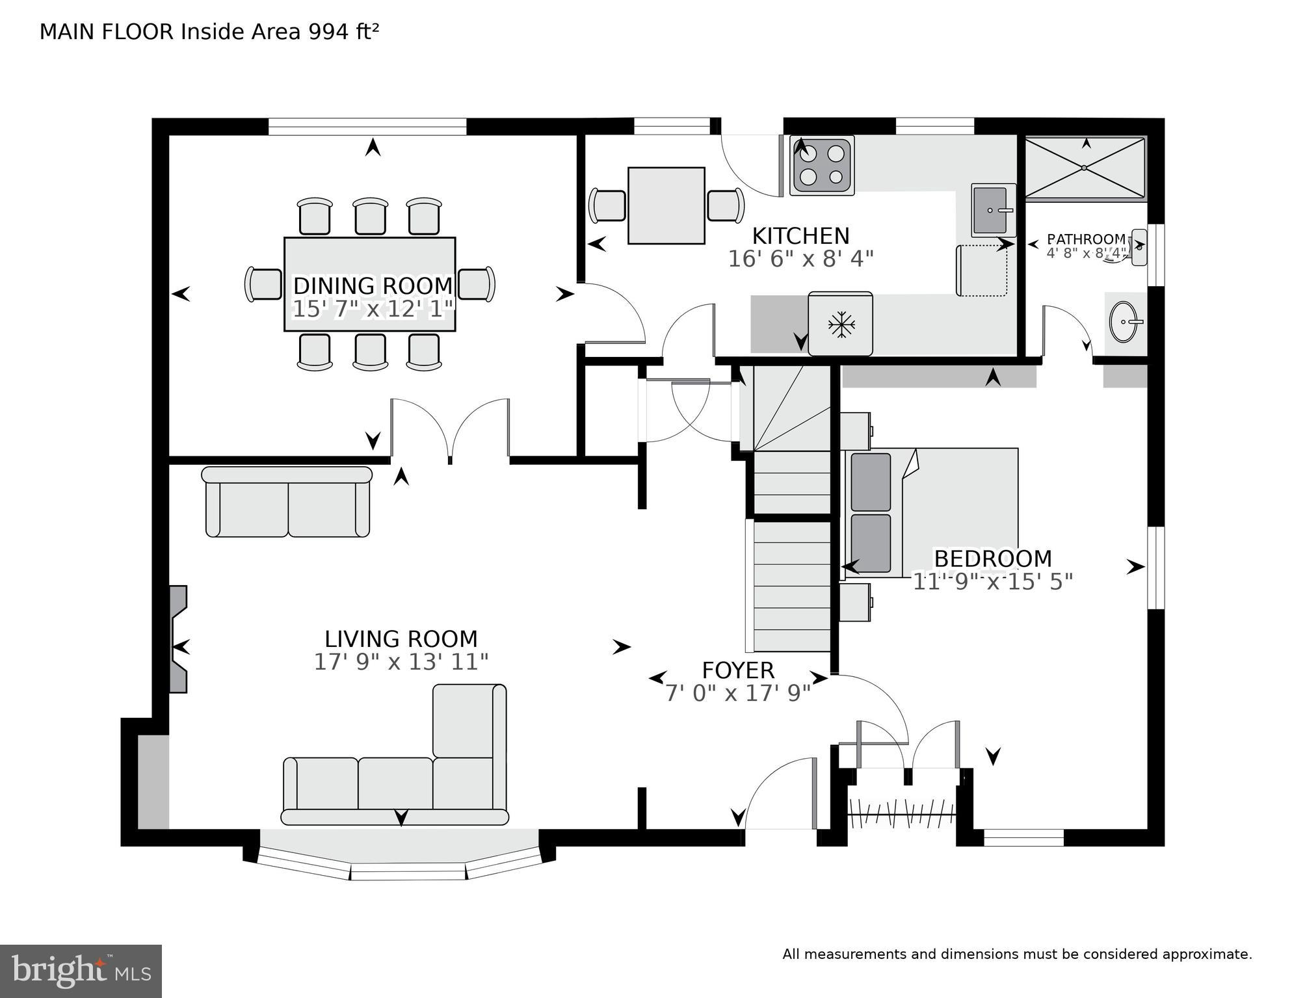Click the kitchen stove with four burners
pyautogui.click(x=822, y=166)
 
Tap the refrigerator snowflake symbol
pyautogui.click(x=841, y=324)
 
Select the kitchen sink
pyautogui.click(x=993, y=209)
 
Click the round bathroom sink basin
pyautogui.click(x=1126, y=322)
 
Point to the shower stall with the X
pyautogui.click(x=1085, y=167)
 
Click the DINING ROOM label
pyautogui.click(x=373, y=286)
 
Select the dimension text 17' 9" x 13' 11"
pyautogui.click(x=401, y=662)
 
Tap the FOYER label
pyautogui.click(x=738, y=670)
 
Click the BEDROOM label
pyautogui.click(x=992, y=558)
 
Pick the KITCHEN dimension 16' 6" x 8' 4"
pyautogui.click(x=800, y=259)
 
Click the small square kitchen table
pyautogui.click(x=666, y=205)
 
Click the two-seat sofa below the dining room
pyautogui.click(x=287, y=502)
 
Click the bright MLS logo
pyautogui.click(x=81, y=971)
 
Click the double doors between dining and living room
pyautogui.click(x=450, y=429)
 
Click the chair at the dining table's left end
pyautogui.click(x=263, y=285)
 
